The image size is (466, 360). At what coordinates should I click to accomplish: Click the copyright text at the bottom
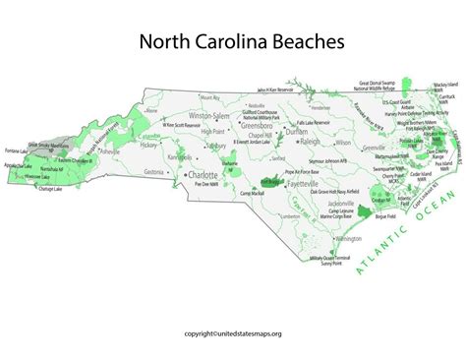(233, 333)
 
